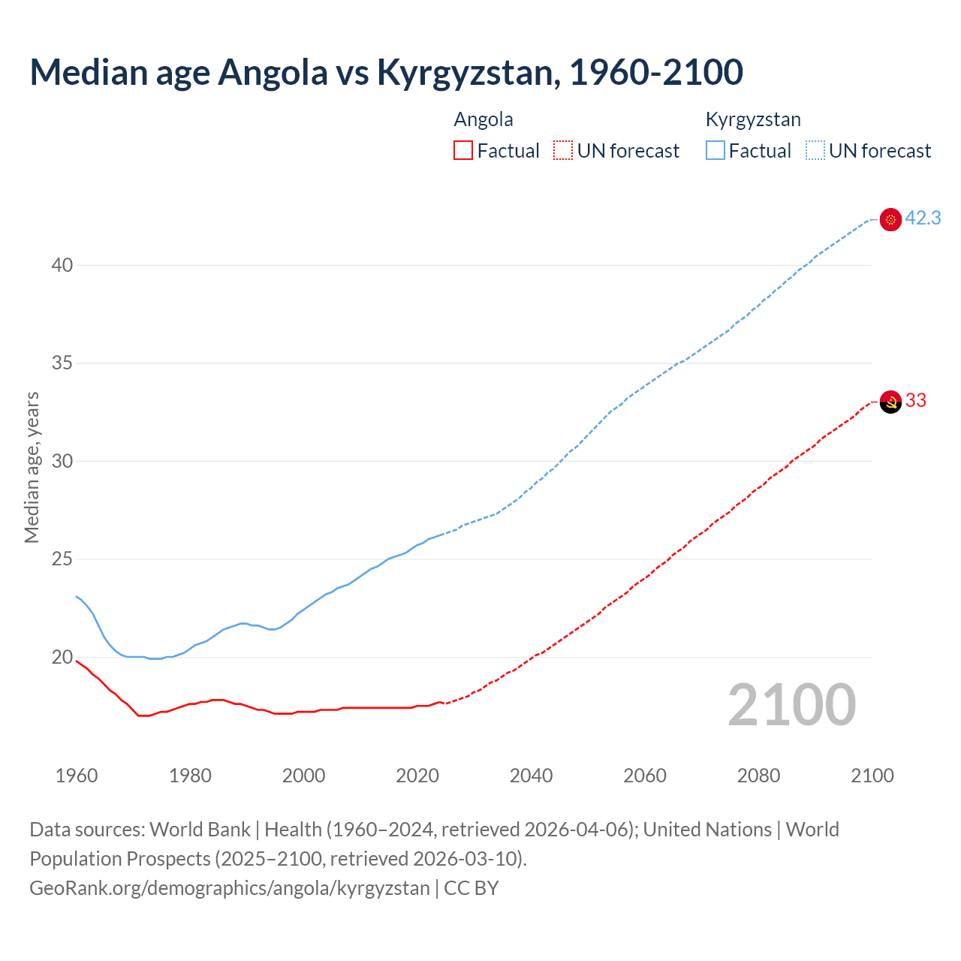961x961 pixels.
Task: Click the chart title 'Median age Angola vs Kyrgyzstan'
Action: [386, 73]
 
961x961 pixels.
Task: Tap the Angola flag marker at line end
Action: [890, 402]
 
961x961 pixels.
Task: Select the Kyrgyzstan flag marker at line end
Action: [890, 219]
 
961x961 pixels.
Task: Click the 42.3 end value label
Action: [923, 218]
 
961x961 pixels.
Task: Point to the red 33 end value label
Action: [916, 401]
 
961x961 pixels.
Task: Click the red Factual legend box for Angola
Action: [463, 151]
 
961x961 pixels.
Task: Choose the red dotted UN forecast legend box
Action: [563, 151]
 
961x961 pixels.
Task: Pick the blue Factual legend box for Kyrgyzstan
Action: [715, 151]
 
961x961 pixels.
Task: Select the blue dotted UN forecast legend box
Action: [815, 151]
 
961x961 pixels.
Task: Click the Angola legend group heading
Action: [484, 120]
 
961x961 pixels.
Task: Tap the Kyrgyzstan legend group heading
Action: [753, 120]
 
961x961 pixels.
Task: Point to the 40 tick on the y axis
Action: [62, 265]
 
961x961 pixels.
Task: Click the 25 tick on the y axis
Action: [62, 559]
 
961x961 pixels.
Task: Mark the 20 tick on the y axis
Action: [62, 658]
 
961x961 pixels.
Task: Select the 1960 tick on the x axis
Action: [77, 776]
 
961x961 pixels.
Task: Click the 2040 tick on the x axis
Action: [531, 776]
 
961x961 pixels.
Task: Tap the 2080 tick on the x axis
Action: [758, 776]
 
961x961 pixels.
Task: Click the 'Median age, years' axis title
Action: [32, 467]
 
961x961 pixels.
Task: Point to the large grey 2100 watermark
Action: [791, 705]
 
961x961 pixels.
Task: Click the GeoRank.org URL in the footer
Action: [229, 888]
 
